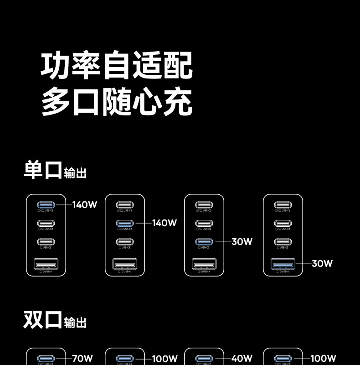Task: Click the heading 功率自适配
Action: [117, 66]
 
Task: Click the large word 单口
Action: [42, 169]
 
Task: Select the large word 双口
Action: [42, 319]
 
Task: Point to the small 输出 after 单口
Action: [75, 173]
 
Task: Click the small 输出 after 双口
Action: [75, 323]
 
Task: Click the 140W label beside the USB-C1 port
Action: [85, 205]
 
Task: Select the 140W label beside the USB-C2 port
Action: [164, 223]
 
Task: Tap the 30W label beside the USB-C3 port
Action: [242, 242]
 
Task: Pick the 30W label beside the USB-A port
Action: [322, 264]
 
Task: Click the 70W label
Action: [82, 359]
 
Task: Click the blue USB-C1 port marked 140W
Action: [46, 205]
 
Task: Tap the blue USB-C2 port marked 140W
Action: [125, 224]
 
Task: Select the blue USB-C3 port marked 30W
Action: [204, 242]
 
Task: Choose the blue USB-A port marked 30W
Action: [283, 264]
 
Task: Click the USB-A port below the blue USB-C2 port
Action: [125, 264]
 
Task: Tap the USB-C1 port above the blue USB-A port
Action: [283, 205]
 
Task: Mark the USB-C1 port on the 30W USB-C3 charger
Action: [204, 205]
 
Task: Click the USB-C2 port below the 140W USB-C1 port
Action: [46, 224]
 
